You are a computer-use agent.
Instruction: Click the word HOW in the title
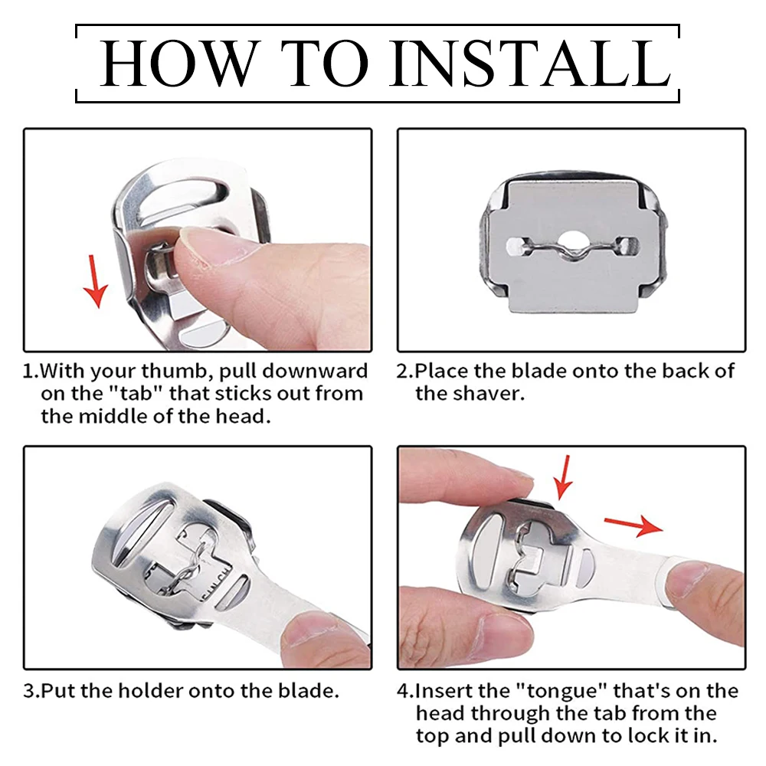(x=180, y=64)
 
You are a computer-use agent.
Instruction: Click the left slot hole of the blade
(x=517, y=246)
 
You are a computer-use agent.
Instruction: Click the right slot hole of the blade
(x=626, y=245)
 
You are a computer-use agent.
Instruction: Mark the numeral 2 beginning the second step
(x=402, y=372)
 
